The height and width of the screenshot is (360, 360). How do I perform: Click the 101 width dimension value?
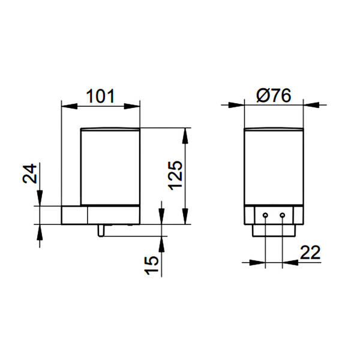tap(100, 96)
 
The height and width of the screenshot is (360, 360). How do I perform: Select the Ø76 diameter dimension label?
tap(274, 95)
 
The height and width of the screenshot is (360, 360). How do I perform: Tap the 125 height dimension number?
tap(176, 176)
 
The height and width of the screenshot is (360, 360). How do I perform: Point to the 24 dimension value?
tap(29, 173)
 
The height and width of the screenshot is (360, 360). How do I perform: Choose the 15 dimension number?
tap(152, 265)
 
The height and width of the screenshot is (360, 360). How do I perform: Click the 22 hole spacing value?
tap(310, 253)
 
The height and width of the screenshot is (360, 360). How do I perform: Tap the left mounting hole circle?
tap(265, 215)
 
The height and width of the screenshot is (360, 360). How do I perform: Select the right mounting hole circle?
tap(283, 215)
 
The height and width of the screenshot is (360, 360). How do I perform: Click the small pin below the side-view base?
tap(101, 230)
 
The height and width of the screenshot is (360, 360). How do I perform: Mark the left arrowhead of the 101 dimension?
tap(70, 106)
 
